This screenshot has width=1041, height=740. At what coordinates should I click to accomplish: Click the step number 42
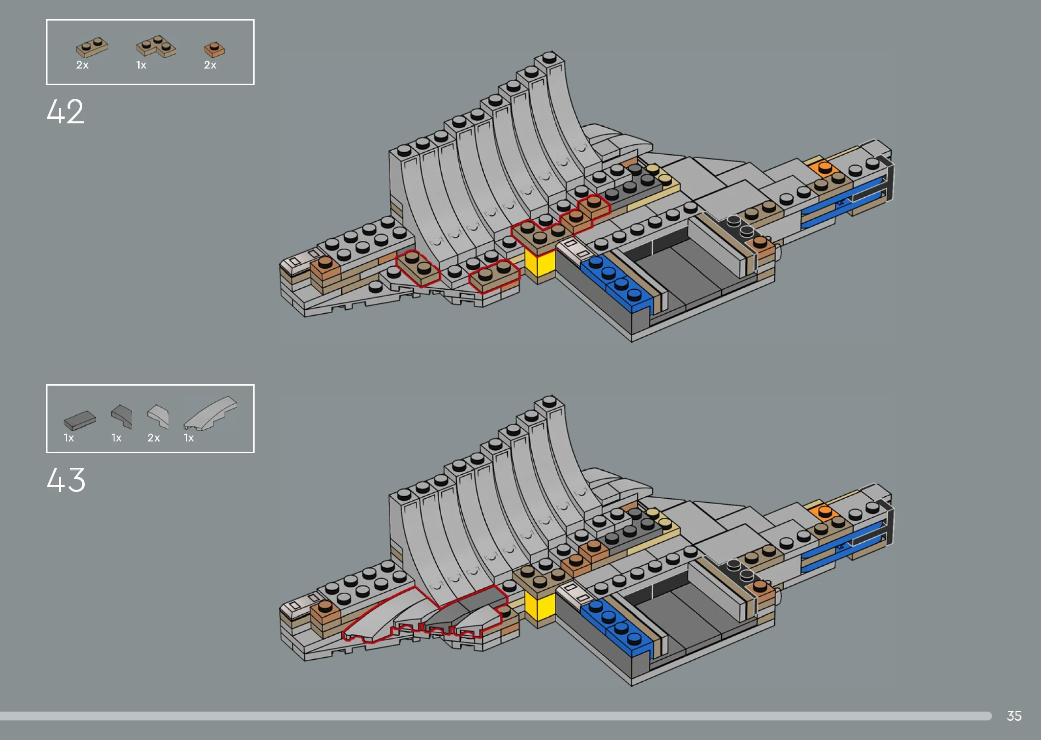[x=65, y=112]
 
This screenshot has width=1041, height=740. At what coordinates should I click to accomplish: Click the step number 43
[x=66, y=480]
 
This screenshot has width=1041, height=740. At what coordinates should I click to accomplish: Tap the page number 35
[x=1014, y=716]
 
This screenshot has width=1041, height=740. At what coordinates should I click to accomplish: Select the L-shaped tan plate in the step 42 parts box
[x=156, y=46]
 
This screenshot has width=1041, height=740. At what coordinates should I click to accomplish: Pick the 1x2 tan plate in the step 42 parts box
[x=92, y=47]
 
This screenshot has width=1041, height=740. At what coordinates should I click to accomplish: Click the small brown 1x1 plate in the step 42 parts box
[x=214, y=49]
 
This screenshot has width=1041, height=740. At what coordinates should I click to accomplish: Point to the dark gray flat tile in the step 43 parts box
[x=79, y=420]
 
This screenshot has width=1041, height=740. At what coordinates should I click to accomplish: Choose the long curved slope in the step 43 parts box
[x=210, y=413]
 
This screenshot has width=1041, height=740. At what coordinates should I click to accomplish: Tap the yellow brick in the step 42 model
[x=540, y=263]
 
